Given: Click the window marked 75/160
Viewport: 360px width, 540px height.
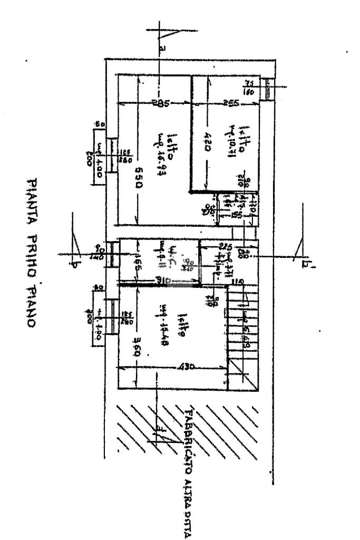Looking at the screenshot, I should tap(267, 88).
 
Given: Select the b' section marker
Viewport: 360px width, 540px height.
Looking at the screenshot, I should tap(305, 261).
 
